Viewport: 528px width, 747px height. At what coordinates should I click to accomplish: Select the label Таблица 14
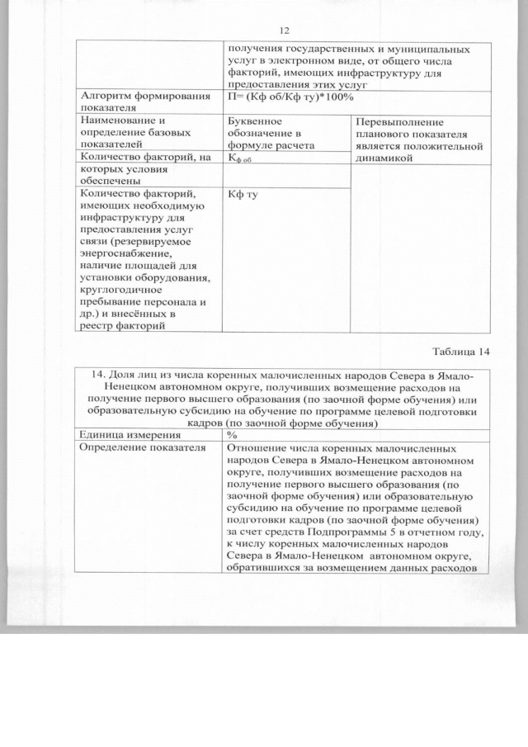(458, 352)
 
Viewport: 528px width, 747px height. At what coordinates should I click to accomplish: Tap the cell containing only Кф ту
(238, 194)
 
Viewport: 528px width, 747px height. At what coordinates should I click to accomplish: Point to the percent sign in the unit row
(232, 433)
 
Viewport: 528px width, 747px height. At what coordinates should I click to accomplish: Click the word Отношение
(258, 447)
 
